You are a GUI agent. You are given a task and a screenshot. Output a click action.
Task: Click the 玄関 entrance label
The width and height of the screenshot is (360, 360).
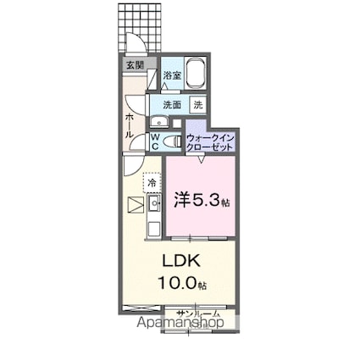coord(136,65)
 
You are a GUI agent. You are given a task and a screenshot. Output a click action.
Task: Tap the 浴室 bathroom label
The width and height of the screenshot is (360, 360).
coord(171,75)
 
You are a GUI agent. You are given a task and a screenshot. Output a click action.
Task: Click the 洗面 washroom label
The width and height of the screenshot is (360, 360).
coord(172,105)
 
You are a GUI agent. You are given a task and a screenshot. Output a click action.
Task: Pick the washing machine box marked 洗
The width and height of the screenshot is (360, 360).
coord(197,105)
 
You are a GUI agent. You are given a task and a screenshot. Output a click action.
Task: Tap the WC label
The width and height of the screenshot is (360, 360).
coord(157,141)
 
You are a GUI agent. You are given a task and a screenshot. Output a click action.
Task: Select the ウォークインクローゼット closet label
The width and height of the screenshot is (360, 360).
coord(209,141)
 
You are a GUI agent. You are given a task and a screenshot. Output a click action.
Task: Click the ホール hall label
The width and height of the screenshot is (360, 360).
coord(130,126)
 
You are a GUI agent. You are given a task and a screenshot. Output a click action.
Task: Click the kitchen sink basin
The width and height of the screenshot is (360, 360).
coord(155,204)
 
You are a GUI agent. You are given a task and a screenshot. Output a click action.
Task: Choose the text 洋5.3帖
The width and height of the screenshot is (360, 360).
coord(202,201)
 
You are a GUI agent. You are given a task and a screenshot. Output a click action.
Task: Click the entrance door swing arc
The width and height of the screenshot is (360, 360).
coord(134,47)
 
